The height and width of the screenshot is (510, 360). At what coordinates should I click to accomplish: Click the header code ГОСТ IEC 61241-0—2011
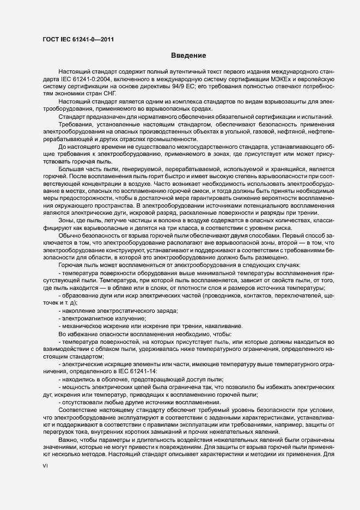[78, 39]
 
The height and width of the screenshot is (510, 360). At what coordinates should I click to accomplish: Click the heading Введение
[188, 56]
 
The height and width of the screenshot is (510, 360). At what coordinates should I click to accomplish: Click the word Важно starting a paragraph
[68, 438]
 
